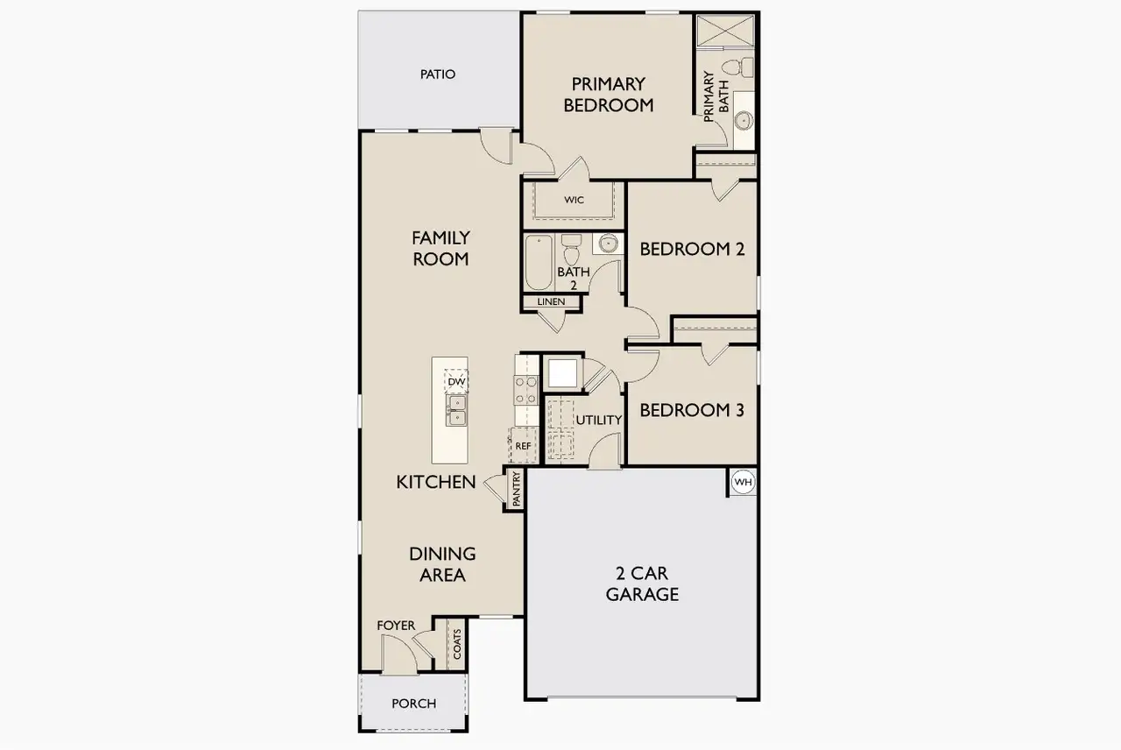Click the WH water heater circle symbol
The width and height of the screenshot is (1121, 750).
[743, 482]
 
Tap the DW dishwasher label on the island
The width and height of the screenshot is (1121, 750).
[456, 382]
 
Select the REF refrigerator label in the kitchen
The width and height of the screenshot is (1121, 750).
[523, 446]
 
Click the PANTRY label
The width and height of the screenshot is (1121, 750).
[517, 490]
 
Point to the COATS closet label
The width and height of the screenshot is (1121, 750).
[457, 644]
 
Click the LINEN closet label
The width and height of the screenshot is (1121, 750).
[552, 302]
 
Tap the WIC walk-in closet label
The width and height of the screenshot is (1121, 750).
[574, 201]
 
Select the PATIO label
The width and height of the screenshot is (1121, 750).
[438, 74]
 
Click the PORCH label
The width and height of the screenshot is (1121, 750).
[413, 704]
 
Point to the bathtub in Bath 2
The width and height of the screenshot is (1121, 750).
[537, 262]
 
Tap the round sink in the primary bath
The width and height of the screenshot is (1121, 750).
[744, 120]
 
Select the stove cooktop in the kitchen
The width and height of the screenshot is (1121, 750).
[525, 390]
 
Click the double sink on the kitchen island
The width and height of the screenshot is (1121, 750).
[456, 410]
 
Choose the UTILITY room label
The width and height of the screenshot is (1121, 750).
[598, 421]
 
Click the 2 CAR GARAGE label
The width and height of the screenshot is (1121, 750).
[646, 584]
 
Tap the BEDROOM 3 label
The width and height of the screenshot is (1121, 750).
[692, 410]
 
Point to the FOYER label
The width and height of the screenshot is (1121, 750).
[396, 626]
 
